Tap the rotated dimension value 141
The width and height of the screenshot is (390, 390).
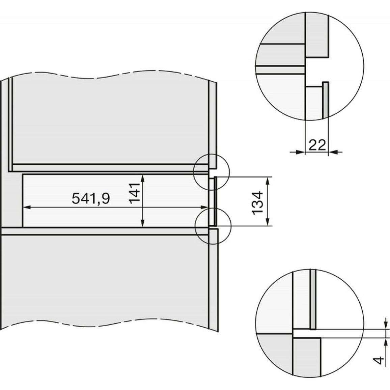[x=135, y=193]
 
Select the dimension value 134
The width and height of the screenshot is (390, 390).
[x=257, y=203]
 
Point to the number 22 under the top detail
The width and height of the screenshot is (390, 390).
[x=317, y=145]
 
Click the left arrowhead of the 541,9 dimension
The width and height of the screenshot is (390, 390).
[x=27, y=207]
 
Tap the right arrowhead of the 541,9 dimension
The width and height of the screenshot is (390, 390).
[x=204, y=207]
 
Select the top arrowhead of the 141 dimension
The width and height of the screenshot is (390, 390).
[x=142, y=178]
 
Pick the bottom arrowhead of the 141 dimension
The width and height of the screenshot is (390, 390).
[x=142, y=223]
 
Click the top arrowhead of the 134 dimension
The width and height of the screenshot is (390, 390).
[x=268, y=181]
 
